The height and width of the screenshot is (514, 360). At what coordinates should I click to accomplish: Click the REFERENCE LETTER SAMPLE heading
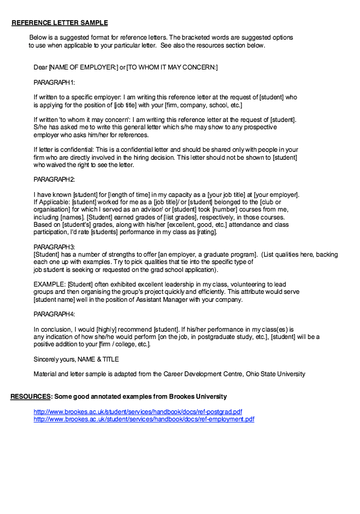[x=60, y=23]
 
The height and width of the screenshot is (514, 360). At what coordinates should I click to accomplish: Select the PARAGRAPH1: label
[x=54, y=82]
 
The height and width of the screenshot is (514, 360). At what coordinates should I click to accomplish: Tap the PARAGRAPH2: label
[x=54, y=179]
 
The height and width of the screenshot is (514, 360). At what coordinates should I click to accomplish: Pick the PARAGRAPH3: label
[x=54, y=246]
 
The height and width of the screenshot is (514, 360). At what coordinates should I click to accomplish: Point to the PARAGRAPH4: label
[x=54, y=313]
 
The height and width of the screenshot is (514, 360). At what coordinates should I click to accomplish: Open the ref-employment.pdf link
[x=144, y=419]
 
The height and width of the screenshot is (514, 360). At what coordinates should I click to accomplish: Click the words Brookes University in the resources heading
[x=196, y=397]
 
